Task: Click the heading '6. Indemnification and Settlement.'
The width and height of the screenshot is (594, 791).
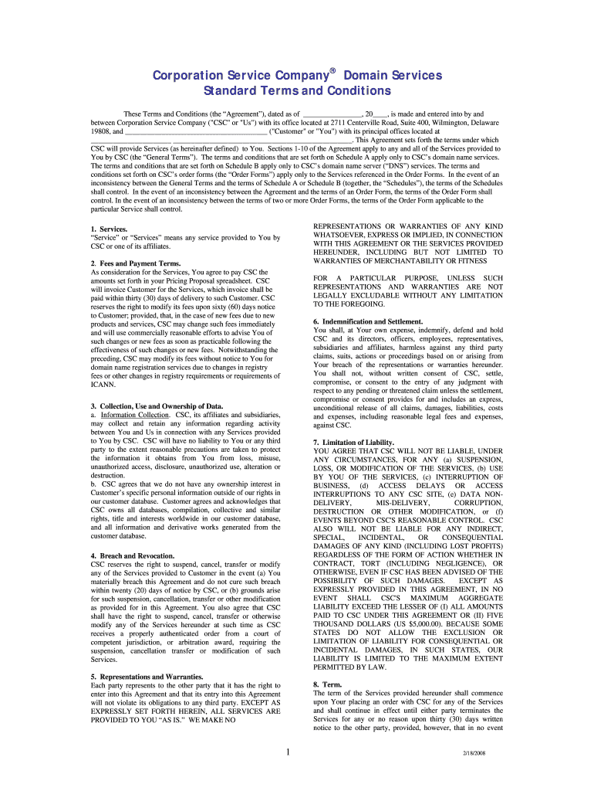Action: pyautogui.click(x=368, y=321)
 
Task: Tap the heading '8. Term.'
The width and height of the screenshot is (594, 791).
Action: pyautogui.click(x=327, y=684)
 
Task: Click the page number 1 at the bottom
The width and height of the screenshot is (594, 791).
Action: pyautogui.click(x=287, y=754)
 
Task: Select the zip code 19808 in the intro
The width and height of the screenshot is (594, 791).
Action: pyautogui.click(x=102, y=131)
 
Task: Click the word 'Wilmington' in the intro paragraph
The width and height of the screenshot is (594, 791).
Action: pyautogui.click(x=438, y=122)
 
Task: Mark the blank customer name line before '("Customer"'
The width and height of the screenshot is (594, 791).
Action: pyautogui.click(x=197, y=131)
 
